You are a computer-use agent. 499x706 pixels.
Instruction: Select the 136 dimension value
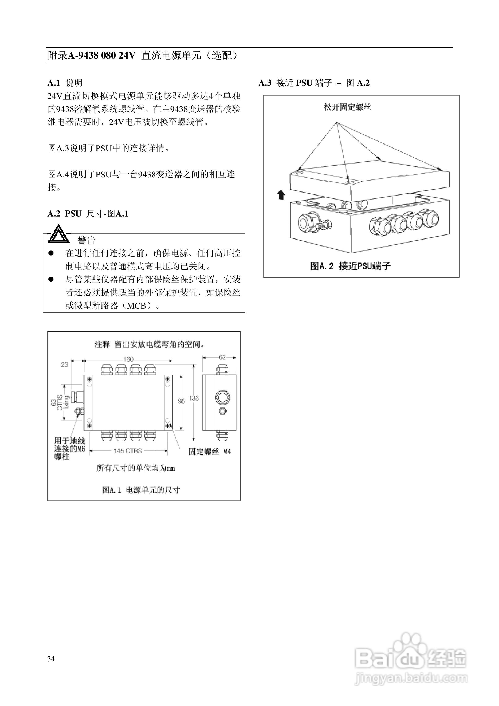pos(194,398)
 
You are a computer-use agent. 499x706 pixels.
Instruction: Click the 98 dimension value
pos(181,401)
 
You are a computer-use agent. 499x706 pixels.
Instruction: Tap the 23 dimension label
pos(65,365)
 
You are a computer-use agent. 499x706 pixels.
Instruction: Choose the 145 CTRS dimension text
pos(128,451)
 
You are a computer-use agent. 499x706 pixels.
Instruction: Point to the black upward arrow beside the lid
pos(281,195)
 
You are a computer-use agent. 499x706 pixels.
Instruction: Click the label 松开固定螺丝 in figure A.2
pos(347,107)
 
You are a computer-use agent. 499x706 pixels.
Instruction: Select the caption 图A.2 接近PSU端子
pos(350,266)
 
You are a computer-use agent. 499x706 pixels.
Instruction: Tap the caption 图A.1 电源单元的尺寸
pos(141,490)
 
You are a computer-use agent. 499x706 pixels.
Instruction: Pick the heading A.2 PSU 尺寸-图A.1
pos(88,214)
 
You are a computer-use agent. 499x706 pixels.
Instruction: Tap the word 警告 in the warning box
pos(86,240)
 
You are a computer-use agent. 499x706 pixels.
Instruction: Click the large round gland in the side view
pos(221,397)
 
